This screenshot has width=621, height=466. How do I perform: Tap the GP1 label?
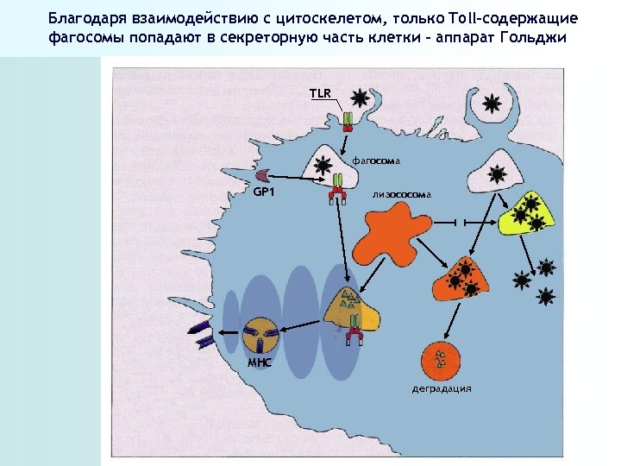click(x=263, y=191)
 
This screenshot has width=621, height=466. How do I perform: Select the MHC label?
click(x=259, y=362)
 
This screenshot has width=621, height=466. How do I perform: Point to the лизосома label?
click(x=401, y=195)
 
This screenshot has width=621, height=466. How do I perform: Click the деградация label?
click(x=442, y=388)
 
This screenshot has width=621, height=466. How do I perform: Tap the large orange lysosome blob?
click(x=393, y=237)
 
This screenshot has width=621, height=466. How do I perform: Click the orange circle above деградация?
click(x=442, y=358)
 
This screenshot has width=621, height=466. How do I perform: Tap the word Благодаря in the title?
click(x=89, y=19)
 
